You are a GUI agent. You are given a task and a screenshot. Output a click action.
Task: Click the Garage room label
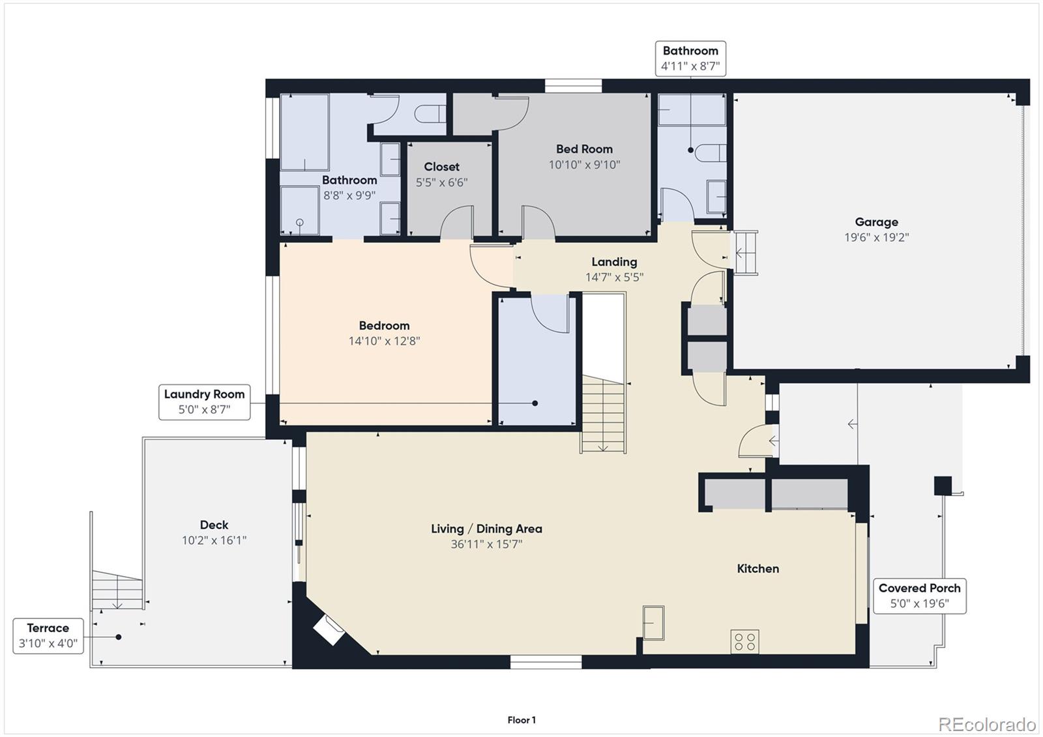(876, 222)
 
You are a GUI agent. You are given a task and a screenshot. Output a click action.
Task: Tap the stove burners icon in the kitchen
(744, 642)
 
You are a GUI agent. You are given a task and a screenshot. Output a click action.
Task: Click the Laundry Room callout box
(204, 402)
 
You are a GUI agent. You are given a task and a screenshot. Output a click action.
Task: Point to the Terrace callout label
(48, 635)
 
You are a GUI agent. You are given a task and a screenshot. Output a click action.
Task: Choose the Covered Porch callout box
(919, 596)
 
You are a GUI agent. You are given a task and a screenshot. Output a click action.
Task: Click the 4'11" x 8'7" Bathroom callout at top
(690, 58)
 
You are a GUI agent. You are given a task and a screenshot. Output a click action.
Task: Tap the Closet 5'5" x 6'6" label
(441, 174)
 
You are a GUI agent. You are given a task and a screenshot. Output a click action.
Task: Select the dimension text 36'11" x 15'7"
(486, 544)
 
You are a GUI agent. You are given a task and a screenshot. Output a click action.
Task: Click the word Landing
(614, 261)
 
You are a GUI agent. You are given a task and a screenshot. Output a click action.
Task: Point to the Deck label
(214, 525)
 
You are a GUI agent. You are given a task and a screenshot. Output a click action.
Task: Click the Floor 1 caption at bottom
(521, 720)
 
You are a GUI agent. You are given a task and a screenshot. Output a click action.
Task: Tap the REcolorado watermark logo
(986, 724)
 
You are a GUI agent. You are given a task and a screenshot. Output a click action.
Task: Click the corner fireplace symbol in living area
(330, 630)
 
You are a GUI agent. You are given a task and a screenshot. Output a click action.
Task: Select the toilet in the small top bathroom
(711, 152)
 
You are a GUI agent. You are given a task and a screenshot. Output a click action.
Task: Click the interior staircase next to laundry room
(604, 414)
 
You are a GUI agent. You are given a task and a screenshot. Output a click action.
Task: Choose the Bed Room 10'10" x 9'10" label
(584, 156)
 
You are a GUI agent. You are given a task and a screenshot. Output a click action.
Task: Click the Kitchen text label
(757, 568)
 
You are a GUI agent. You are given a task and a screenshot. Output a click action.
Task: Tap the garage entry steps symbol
(746, 253)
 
